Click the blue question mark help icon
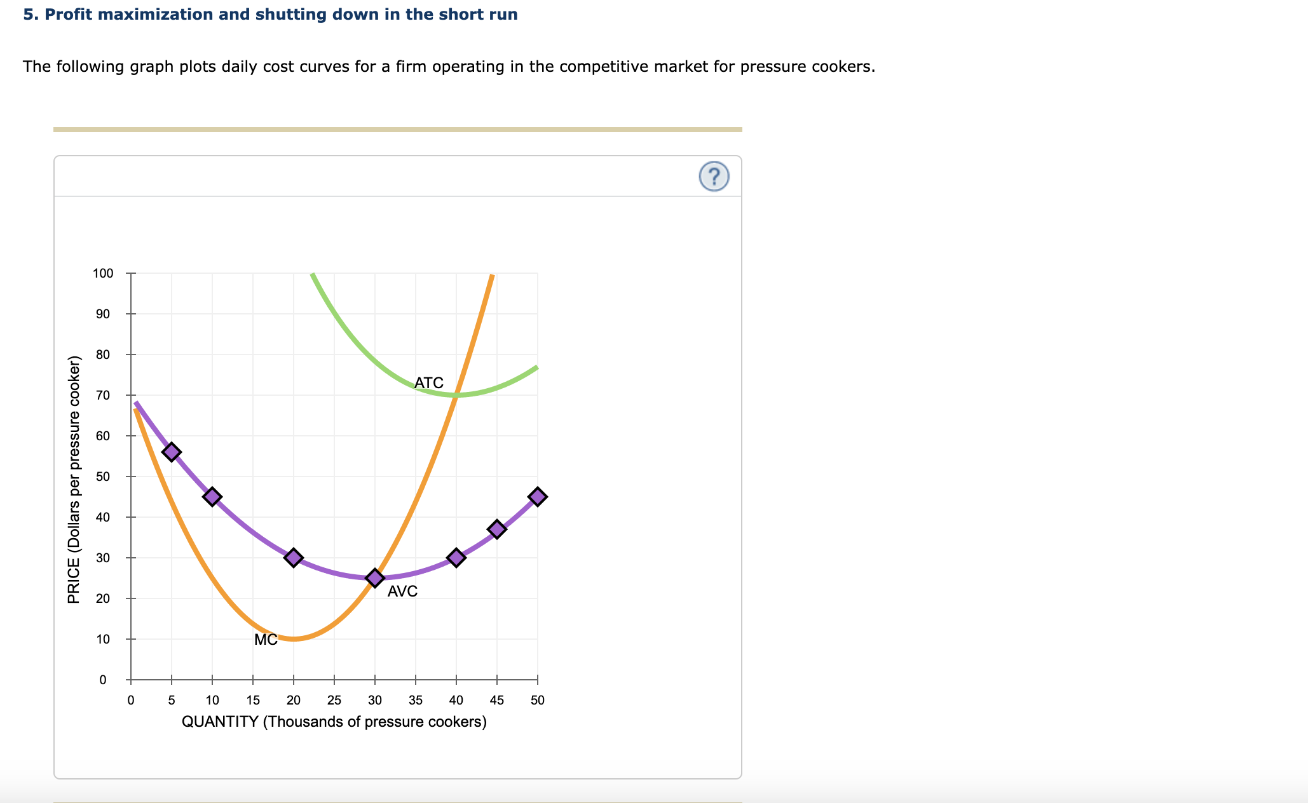click(714, 177)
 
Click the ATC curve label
click(428, 382)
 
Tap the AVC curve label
click(402, 591)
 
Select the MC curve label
click(266, 640)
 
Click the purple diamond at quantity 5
click(171, 452)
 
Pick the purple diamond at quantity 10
click(212, 496)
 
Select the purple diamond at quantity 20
click(293, 558)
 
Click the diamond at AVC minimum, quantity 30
click(375, 577)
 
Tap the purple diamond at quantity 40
click(456, 558)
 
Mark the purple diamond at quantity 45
click(497, 529)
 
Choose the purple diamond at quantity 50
click(538, 496)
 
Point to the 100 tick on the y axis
click(103, 274)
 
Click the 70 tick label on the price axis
click(103, 395)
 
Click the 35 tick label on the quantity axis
click(416, 700)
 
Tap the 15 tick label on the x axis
click(253, 700)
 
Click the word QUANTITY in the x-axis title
click(220, 722)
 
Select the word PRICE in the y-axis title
click(74, 581)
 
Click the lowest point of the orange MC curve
click(294, 638)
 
